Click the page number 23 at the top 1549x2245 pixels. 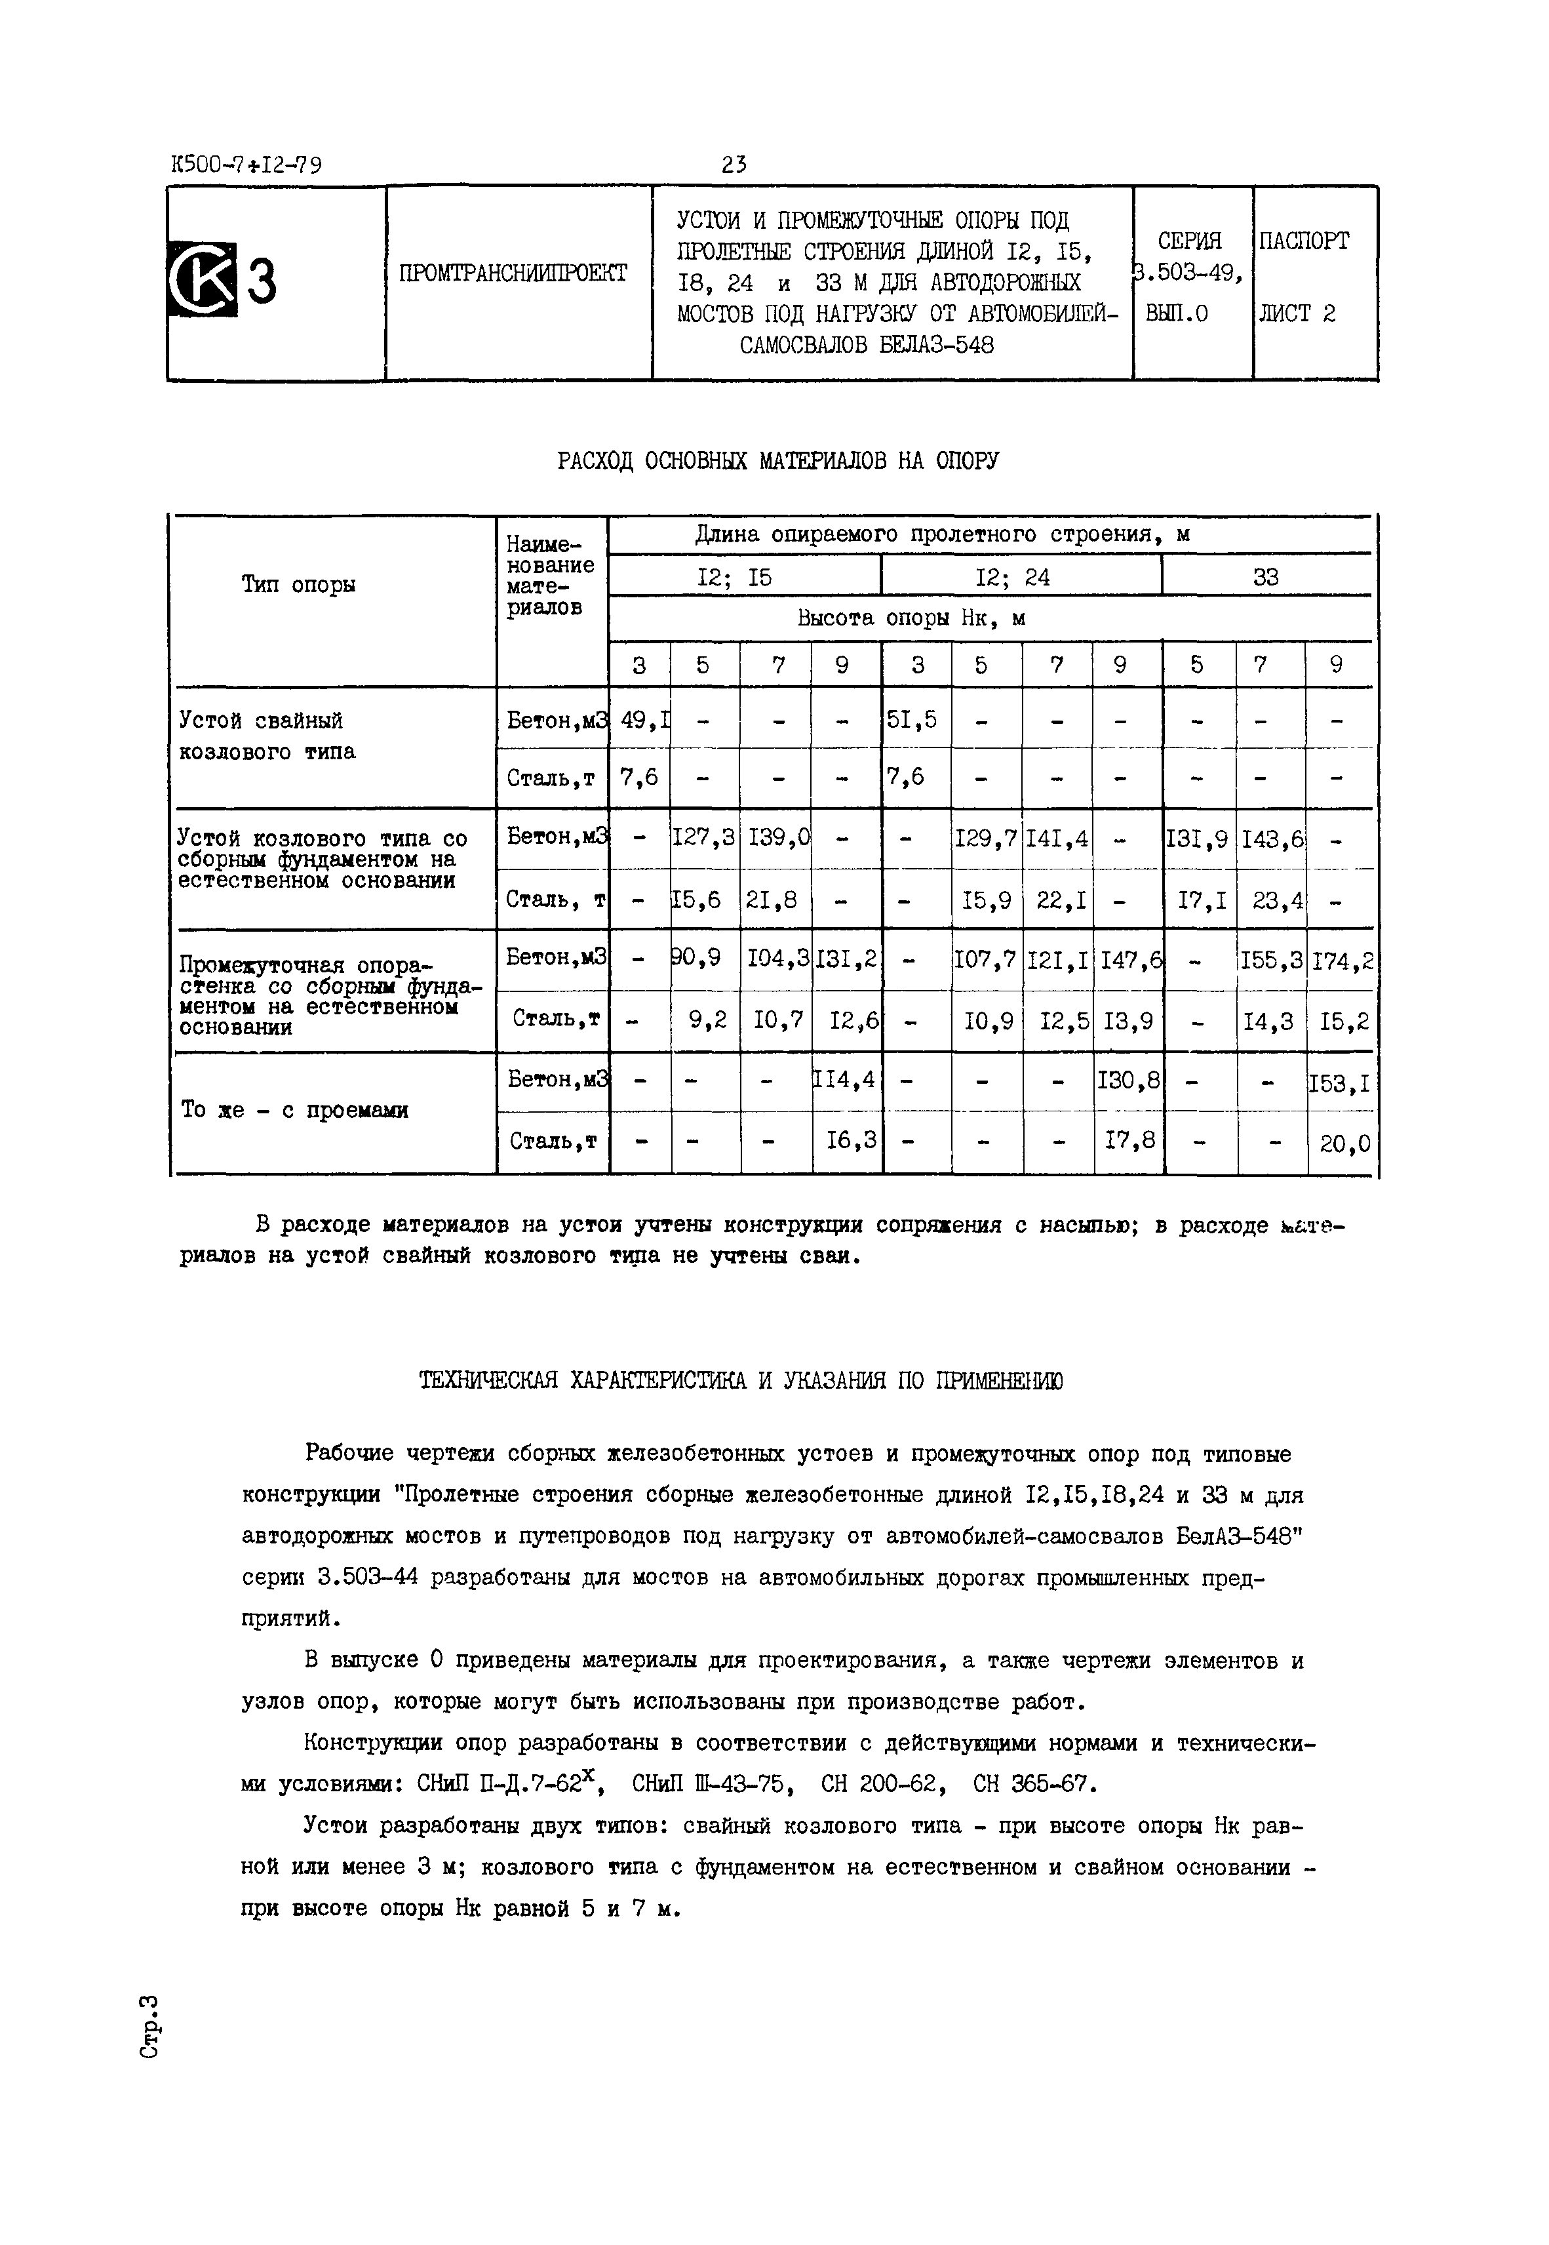coord(734,165)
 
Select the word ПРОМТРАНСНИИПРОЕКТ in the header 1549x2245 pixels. coord(513,273)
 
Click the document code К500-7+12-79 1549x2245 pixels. coord(246,165)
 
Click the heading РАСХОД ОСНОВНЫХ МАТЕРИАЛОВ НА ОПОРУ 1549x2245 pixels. coord(777,460)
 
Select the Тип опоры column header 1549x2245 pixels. coord(298,584)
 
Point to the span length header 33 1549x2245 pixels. coord(1266,578)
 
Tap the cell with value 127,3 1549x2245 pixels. coord(705,839)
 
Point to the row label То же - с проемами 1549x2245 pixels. coord(294,1110)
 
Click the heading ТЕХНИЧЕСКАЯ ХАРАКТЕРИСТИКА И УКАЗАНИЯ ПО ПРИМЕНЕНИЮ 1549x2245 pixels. coord(741,1381)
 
